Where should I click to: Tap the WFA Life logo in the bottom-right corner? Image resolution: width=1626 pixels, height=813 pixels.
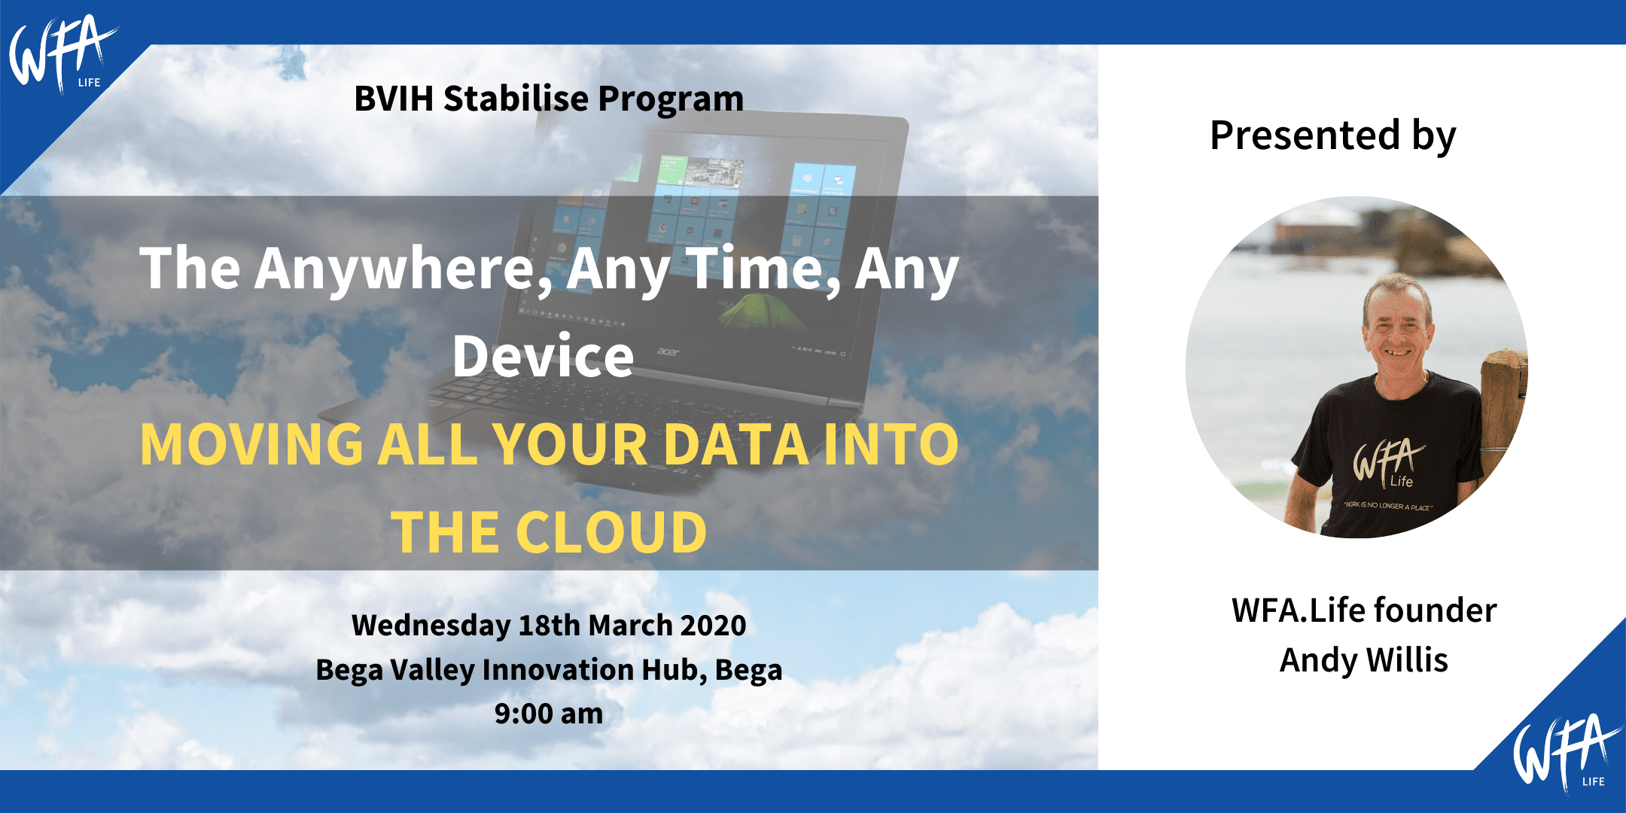point(1566,753)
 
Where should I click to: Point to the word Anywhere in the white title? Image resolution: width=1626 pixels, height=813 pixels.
point(403,269)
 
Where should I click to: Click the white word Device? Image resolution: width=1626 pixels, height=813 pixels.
point(544,356)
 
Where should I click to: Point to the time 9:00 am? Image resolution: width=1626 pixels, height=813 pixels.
point(549,714)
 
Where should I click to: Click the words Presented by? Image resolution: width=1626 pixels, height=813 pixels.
point(1332,136)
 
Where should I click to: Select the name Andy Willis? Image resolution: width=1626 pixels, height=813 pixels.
point(1363,660)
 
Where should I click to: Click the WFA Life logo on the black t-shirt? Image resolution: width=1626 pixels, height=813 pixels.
point(1387,463)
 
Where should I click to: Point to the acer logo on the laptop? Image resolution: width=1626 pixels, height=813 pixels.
point(668,352)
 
